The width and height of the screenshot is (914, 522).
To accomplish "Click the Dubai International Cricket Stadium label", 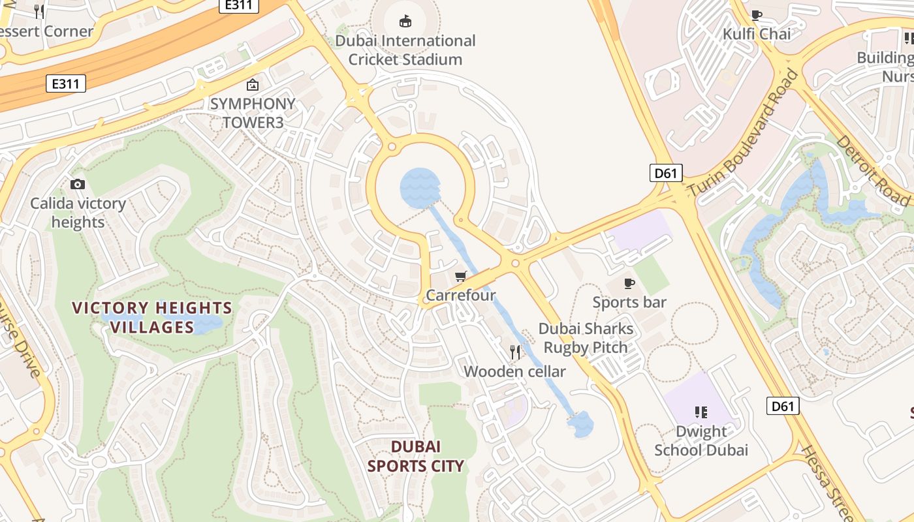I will (x=405, y=50).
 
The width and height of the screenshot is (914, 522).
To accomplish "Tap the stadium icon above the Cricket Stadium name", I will (x=405, y=22).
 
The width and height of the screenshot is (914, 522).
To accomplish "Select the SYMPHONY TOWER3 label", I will (x=253, y=113).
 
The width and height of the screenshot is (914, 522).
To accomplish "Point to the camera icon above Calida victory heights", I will (x=78, y=185).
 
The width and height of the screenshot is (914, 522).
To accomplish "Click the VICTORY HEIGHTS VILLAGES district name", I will (x=152, y=317).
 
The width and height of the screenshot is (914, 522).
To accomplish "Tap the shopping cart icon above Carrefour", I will (x=461, y=277).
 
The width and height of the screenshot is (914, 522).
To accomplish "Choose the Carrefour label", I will (x=461, y=296).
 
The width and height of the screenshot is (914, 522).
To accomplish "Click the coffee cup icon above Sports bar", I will (x=629, y=283).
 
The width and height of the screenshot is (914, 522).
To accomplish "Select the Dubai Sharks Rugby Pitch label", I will (x=586, y=338).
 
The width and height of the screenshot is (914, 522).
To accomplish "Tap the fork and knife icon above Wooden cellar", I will (x=515, y=352).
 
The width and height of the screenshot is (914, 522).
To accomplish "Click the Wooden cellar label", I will (x=514, y=372).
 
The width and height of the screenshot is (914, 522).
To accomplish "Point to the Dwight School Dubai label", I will (x=701, y=441).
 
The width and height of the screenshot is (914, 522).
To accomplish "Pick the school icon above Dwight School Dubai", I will (x=701, y=412).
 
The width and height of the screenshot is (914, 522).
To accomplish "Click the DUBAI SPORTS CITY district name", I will (x=416, y=456).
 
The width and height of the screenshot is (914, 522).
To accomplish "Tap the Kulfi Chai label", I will (x=757, y=34).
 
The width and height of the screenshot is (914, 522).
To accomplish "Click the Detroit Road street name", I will (x=872, y=170).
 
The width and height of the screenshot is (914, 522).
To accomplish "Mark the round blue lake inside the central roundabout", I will (x=420, y=188).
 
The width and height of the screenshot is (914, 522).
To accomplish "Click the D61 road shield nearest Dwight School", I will (x=782, y=407).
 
